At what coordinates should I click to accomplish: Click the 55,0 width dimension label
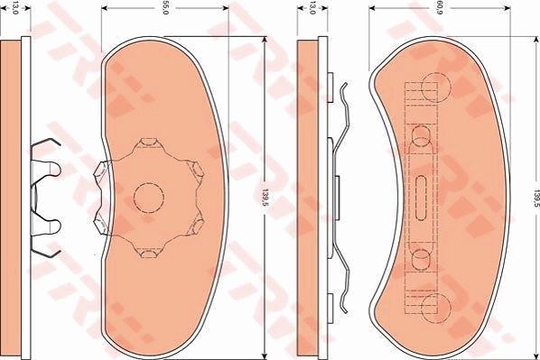click(165, 7)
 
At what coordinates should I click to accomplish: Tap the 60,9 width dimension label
click(440, 7)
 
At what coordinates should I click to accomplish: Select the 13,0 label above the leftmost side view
click(15, 7)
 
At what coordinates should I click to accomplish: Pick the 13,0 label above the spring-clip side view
click(312, 7)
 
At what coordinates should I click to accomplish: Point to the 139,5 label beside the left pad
click(265, 198)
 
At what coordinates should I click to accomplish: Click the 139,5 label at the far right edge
click(535, 198)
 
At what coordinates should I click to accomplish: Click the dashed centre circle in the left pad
click(149, 198)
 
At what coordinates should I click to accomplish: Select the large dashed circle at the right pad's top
click(436, 88)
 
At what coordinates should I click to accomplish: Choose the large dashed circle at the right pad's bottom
click(436, 309)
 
